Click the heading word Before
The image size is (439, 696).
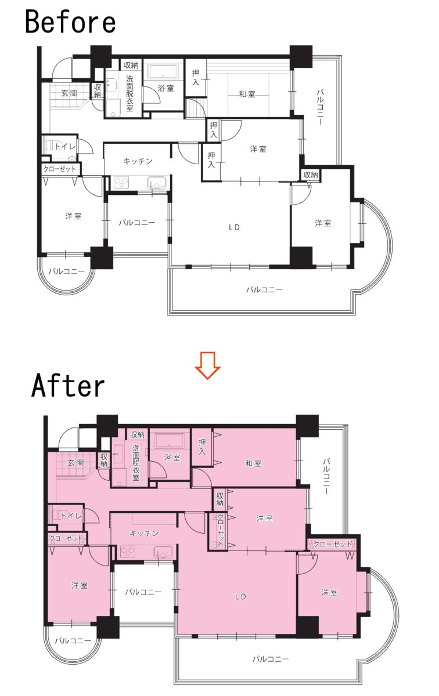tap(70, 22)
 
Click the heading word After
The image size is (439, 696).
tap(68, 386)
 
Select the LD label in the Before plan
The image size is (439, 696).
tap(234, 227)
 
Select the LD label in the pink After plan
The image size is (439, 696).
tap(240, 596)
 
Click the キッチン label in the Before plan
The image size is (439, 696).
tap(138, 161)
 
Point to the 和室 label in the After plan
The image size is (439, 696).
tap(253, 463)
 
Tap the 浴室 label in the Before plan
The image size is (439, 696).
tap(165, 88)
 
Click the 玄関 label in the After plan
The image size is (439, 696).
tap(75, 462)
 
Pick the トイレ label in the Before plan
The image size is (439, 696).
tap(65, 146)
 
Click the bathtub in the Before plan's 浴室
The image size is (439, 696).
tap(163, 72)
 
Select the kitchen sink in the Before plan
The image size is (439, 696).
tap(158, 182)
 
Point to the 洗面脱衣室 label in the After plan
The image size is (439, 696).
tap(136, 463)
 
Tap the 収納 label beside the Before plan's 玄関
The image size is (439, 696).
tap(98, 90)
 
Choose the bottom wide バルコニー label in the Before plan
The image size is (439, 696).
tap(264, 289)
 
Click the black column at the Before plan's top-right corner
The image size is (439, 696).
tap(301, 57)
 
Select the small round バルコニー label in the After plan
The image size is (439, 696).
tap(73, 640)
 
